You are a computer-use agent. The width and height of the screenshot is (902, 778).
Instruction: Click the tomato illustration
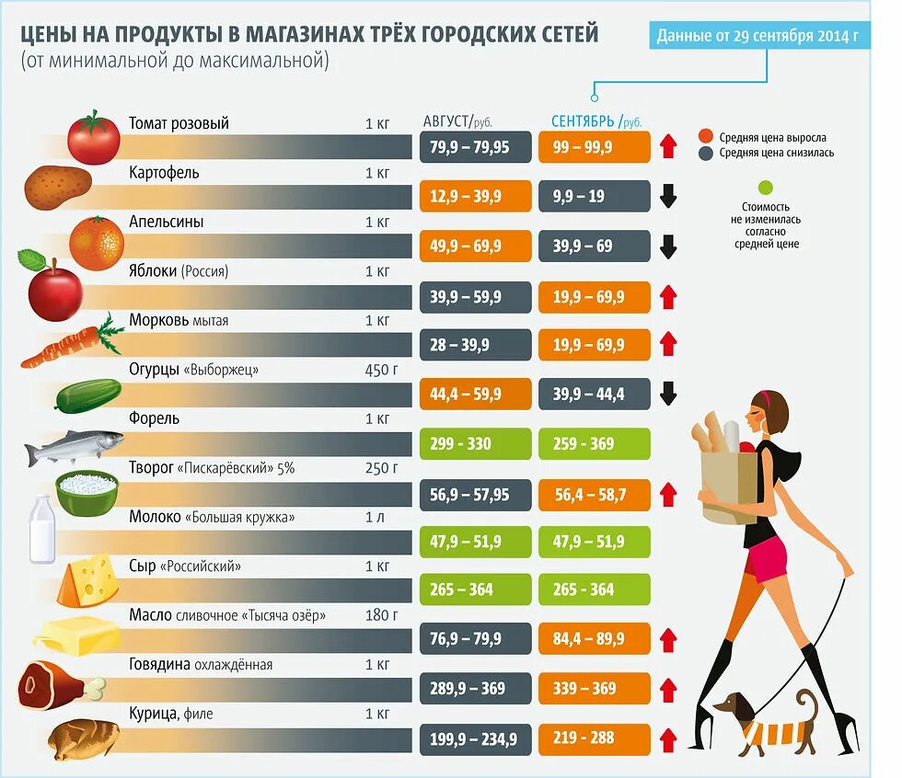pos(93,137)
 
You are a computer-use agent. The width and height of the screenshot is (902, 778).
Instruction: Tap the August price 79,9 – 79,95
pos(475,147)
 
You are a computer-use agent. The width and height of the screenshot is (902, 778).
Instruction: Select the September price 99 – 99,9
pos(594,147)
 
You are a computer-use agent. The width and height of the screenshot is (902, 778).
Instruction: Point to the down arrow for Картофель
pos(668,196)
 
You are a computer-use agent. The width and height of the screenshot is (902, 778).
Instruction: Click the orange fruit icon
pos(96,243)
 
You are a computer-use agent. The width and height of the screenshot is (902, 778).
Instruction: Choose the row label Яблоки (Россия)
pos(179,271)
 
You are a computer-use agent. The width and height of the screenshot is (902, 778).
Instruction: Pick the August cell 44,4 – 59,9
pos(475,394)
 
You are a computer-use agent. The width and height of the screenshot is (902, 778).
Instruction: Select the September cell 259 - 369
pos(594,443)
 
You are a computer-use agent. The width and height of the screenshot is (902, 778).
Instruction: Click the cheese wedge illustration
pos(87,581)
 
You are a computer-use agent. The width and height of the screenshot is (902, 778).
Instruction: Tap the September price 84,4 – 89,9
pos(594,639)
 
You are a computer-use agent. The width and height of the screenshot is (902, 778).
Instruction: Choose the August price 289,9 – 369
pos(475,688)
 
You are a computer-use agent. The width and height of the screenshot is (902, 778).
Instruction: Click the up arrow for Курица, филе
pos(668,738)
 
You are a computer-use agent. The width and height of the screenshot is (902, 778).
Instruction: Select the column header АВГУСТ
pos(446,120)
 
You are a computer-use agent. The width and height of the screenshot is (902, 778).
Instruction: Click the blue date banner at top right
pos(758,37)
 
